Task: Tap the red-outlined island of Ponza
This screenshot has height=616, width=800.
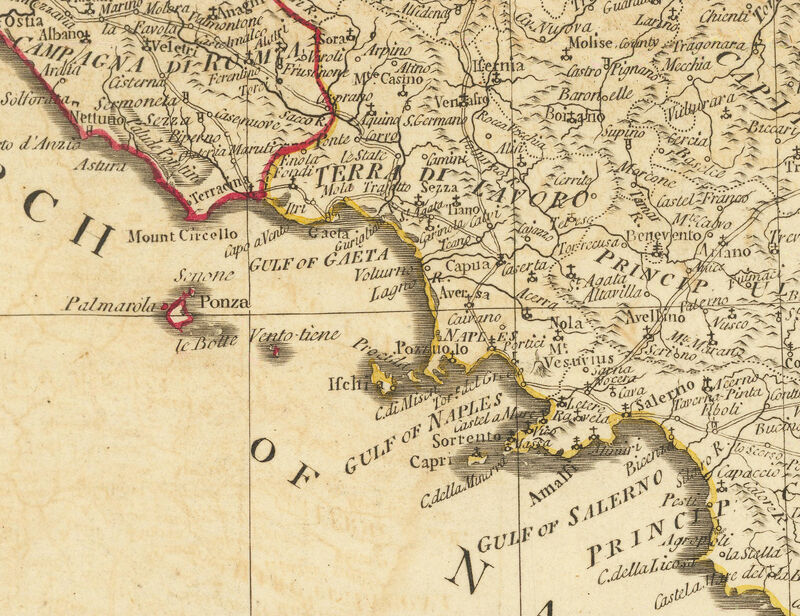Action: [180, 312]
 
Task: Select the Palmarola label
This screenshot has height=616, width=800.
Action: [110, 304]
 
